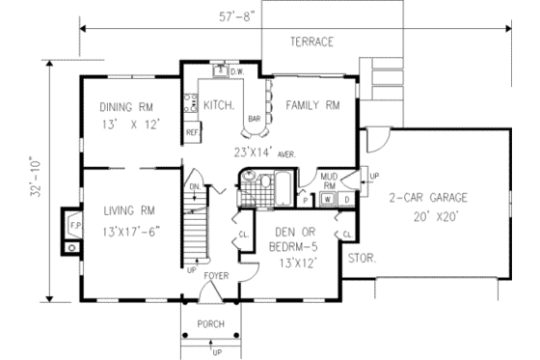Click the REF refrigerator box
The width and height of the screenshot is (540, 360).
(192, 130)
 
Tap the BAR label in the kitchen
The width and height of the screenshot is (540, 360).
(255, 120)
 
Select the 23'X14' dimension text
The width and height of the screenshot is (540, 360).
(252, 152)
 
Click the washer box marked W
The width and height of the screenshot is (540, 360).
(328, 200)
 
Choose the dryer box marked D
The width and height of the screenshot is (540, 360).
(346, 200)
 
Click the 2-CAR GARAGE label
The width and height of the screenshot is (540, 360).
(428, 198)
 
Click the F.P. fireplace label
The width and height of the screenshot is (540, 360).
(73, 226)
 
